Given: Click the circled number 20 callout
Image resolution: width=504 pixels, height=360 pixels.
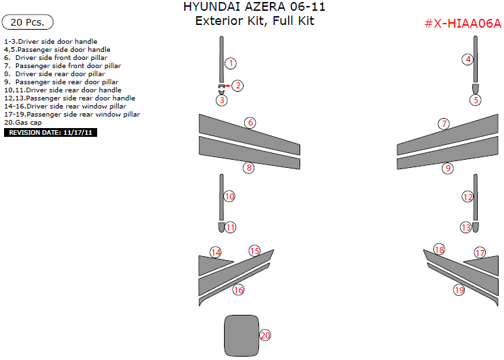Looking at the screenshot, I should [x=265, y=335].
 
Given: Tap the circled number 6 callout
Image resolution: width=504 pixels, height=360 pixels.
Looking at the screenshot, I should [x=250, y=123].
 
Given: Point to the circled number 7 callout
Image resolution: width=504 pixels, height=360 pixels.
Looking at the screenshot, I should [x=443, y=124].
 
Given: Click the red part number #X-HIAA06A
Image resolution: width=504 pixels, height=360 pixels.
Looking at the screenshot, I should [x=463, y=24].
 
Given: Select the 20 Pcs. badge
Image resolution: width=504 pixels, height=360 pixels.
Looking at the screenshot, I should [x=28, y=22].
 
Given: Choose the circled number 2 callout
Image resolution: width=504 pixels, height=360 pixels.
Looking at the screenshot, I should [x=238, y=86].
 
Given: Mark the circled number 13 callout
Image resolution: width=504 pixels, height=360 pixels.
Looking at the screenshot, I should [x=466, y=228].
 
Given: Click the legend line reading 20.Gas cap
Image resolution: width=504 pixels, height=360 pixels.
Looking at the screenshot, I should [x=23, y=123].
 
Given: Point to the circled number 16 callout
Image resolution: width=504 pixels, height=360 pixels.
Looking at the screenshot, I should [x=238, y=290].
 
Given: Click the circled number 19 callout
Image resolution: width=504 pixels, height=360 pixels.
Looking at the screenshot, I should [x=459, y=291].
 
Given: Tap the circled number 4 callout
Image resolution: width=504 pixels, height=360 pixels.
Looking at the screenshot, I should [x=468, y=59].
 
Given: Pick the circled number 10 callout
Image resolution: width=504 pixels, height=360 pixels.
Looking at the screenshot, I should [x=229, y=197].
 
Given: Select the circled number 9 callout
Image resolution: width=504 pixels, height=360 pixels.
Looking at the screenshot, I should [x=447, y=169].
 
